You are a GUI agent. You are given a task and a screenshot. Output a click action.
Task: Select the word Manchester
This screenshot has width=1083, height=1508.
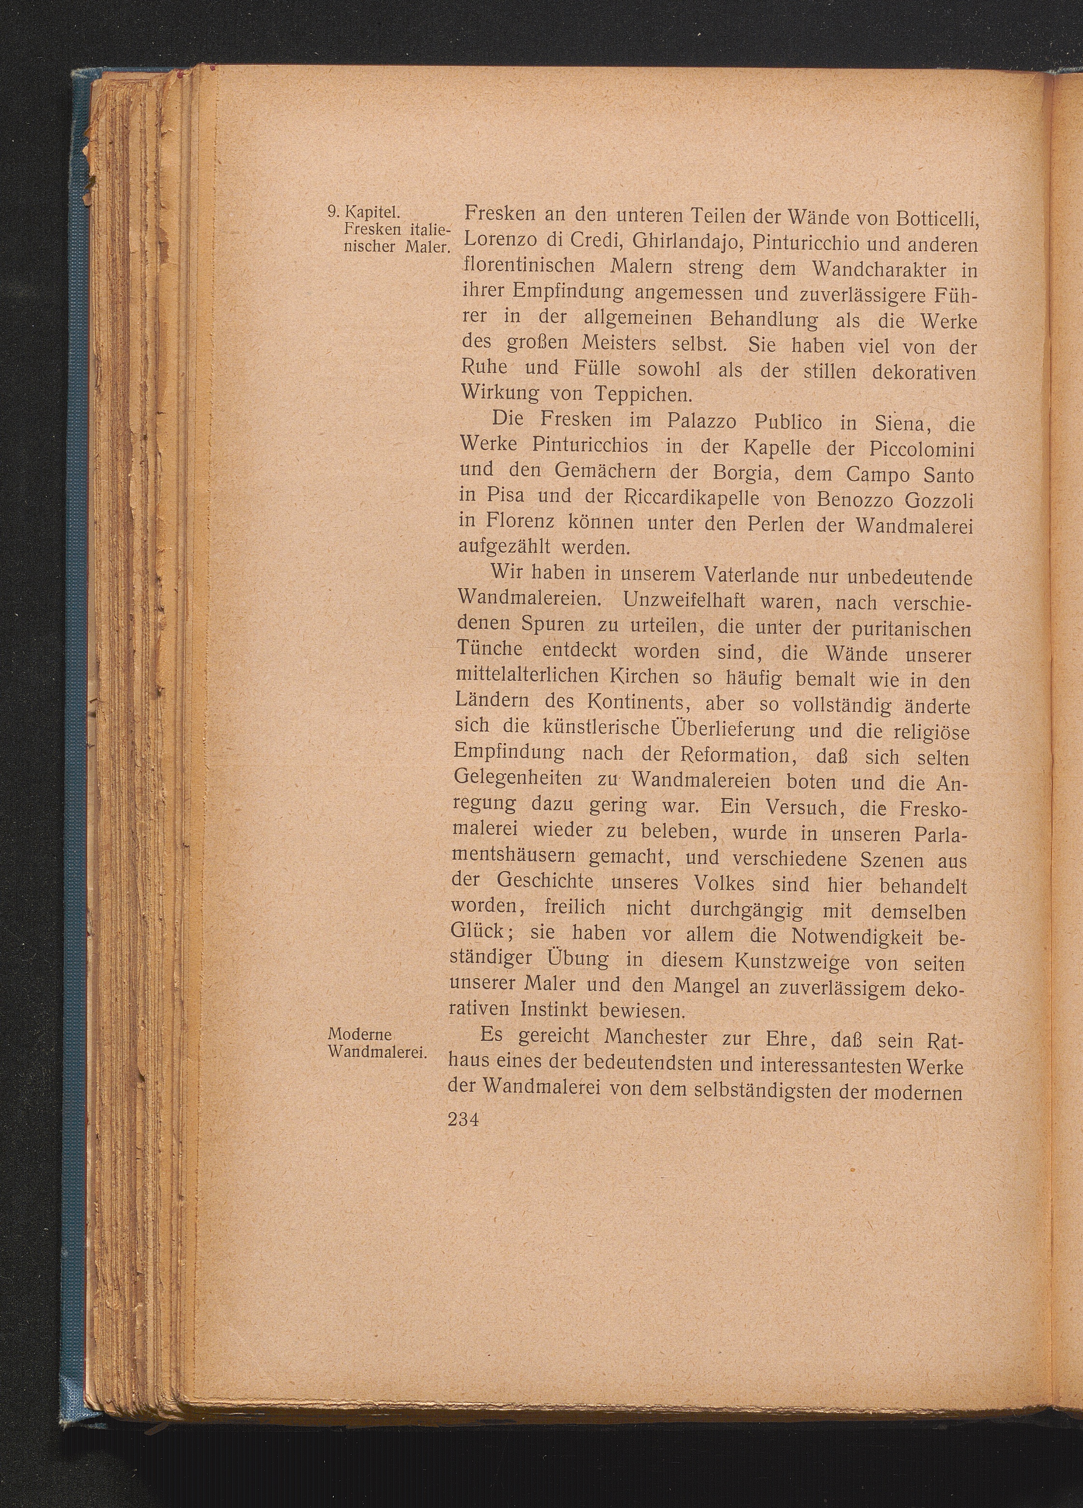click(645, 1038)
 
